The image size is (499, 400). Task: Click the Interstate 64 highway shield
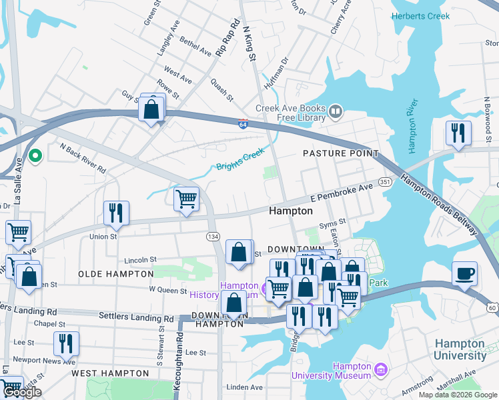coord(243,123)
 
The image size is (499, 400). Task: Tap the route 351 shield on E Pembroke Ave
coord(384,181)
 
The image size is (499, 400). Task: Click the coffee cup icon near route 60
coord(464,274)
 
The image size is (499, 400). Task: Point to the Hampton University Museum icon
coord(380,369)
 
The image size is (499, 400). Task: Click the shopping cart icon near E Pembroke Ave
coord(186,199)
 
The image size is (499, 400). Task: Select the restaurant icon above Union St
coord(116,213)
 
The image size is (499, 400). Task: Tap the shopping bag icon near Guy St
coord(152,108)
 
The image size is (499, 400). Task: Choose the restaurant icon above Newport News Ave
coord(66,343)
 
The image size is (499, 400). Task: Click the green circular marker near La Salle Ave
coord(37,156)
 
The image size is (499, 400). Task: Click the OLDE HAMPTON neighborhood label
coord(110,274)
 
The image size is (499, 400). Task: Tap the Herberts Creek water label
coord(420,16)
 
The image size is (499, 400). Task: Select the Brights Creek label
coord(241,161)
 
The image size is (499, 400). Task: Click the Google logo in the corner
coord(23,393)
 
